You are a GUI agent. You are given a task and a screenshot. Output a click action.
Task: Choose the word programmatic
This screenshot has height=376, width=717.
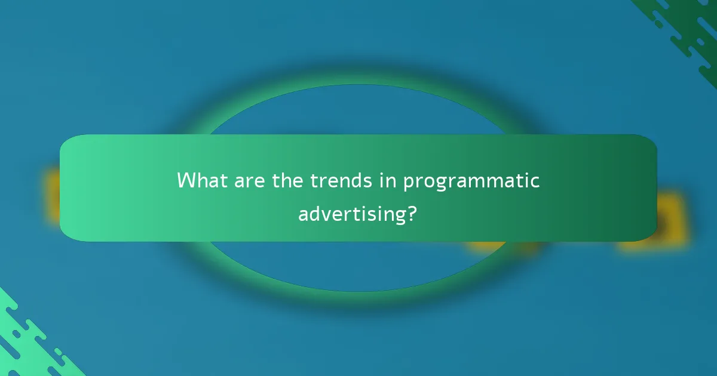coord(471,181)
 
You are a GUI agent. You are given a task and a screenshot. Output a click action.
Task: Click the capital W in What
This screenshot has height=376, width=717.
coord(186,180)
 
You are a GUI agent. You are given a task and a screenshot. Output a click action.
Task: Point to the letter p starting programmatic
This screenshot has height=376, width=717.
coord(409,183)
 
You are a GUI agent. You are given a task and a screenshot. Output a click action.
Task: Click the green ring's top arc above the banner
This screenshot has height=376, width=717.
coord(358,94)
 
